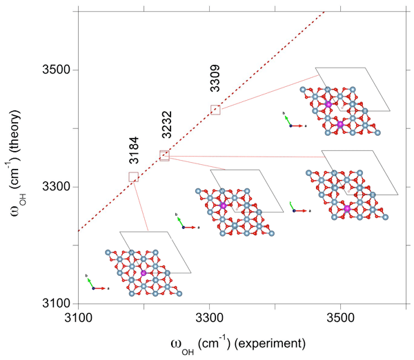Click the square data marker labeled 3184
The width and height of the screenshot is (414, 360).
(x=133, y=177)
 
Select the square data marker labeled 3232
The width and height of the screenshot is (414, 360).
(x=164, y=156)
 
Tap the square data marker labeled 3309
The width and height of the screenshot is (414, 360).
(x=215, y=109)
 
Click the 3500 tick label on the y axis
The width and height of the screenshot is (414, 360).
(x=52, y=70)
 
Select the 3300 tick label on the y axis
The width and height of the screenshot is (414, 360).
(x=52, y=187)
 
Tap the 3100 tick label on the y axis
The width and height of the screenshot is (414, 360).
(x=52, y=303)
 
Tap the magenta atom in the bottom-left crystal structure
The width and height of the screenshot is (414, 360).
(x=144, y=273)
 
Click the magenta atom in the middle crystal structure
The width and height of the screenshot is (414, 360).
(x=223, y=206)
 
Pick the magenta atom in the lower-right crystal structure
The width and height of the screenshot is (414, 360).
(x=346, y=208)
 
